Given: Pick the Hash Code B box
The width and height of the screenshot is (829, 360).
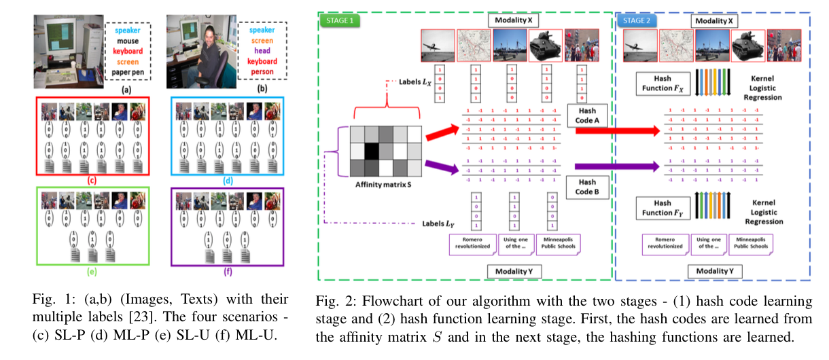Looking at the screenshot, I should pyautogui.click(x=582, y=187).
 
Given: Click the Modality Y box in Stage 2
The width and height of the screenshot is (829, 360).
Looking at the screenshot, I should pyautogui.click(x=713, y=272).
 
